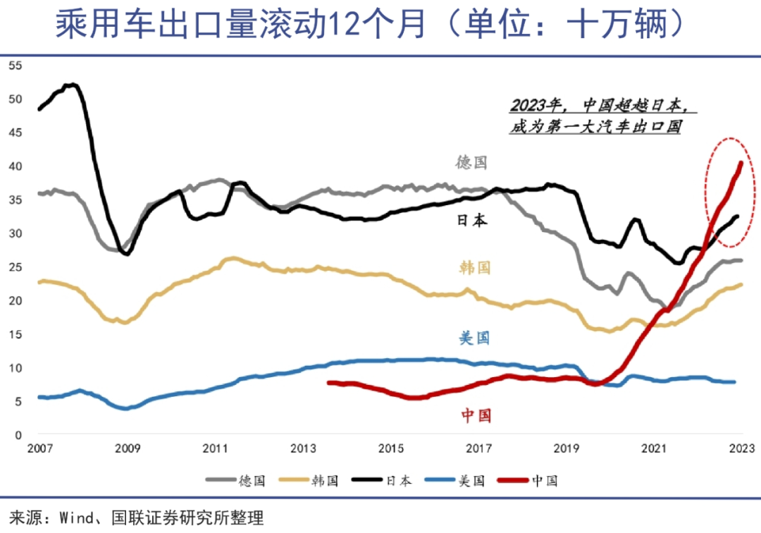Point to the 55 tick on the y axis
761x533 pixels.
[15, 66]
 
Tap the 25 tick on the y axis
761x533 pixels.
[15, 266]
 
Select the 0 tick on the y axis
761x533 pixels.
[19, 435]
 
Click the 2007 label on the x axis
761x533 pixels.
[39, 448]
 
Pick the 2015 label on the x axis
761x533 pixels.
[391, 448]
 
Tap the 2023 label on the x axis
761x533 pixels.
[741, 448]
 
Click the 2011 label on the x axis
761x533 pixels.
[215, 448]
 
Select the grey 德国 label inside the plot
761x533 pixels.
[471, 163]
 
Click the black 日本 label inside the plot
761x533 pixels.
[471, 221]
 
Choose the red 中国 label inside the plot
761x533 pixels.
[476, 415]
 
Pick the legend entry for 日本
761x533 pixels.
[398, 481]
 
